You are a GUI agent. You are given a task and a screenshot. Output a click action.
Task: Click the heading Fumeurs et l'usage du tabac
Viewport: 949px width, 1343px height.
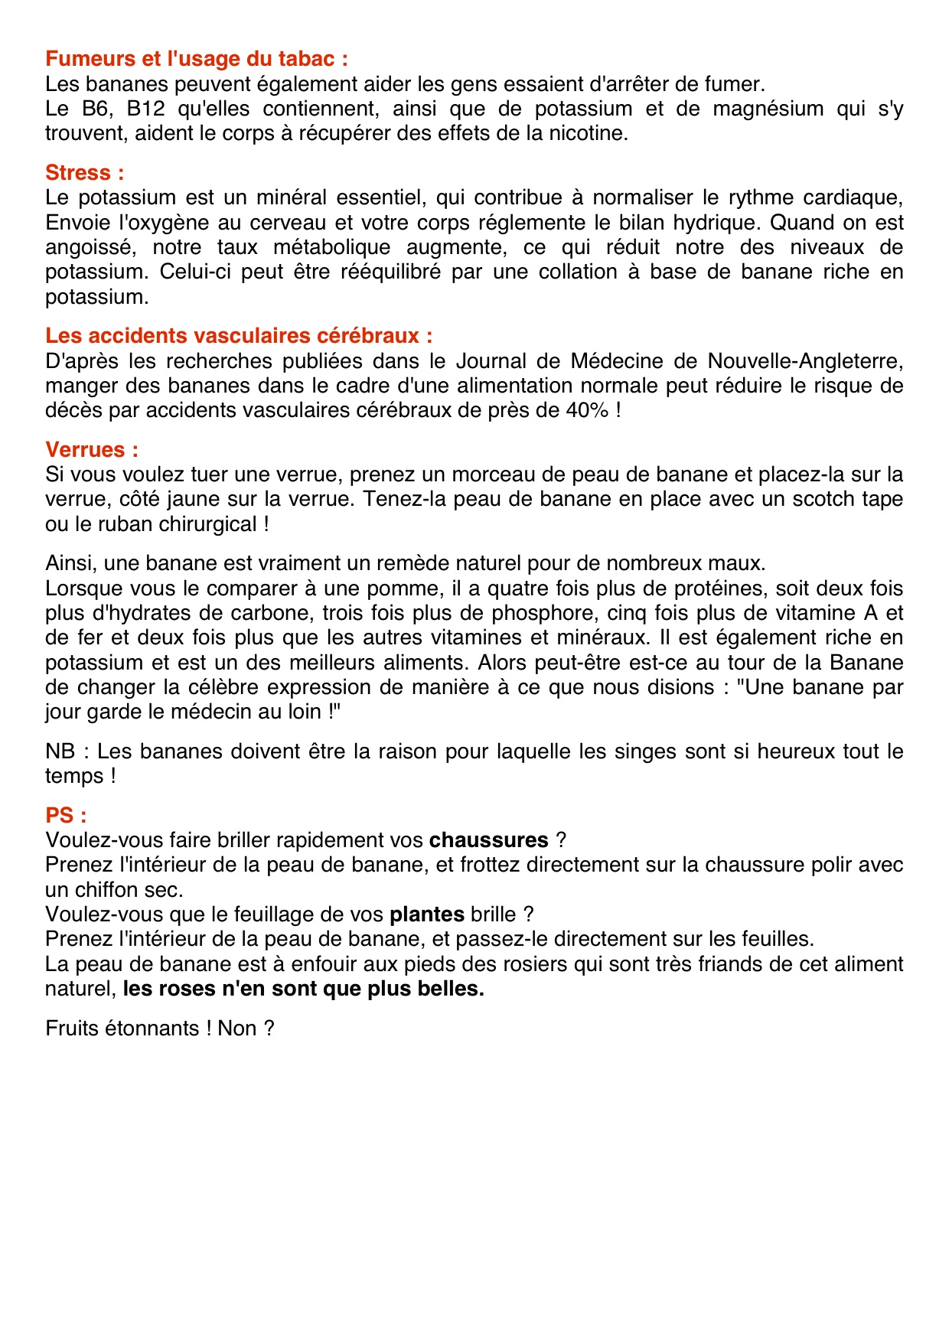coord(197,59)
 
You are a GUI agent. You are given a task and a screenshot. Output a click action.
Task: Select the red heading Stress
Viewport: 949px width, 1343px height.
coord(84,172)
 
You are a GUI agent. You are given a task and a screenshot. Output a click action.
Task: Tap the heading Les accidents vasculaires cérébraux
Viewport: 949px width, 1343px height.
coord(239,335)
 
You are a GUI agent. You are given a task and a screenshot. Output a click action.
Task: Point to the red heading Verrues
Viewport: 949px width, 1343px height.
coord(92,449)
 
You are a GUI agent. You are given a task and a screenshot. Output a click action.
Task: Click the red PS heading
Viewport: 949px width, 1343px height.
coord(66,815)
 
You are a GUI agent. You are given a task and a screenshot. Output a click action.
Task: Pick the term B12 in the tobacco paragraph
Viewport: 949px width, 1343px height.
coord(145,109)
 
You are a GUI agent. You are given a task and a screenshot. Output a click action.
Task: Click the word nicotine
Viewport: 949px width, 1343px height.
coord(589,133)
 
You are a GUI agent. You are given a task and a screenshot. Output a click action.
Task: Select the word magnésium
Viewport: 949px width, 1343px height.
coord(768,109)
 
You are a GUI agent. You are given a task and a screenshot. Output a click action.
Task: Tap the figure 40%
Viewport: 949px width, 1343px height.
coord(587,410)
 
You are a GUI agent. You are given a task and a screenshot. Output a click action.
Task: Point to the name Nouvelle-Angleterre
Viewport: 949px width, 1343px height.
coord(805,360)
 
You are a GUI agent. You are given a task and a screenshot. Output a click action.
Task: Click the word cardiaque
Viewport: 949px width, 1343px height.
coord(853,197)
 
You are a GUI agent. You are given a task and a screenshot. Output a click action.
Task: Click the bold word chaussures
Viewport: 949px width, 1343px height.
coord(488,840)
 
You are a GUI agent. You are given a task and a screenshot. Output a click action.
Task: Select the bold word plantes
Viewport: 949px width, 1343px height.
coord(427,914)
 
